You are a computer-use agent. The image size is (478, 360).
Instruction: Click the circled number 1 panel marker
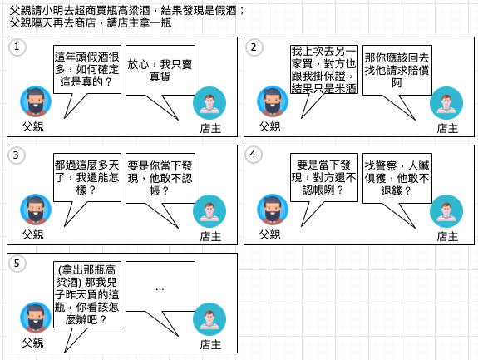coord(17,47)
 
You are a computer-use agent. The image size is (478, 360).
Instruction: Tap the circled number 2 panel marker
coord(254,47)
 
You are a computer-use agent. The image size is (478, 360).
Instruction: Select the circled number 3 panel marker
coord(17,155)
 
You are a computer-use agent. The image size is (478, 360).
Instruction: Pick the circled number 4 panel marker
coord(254,155)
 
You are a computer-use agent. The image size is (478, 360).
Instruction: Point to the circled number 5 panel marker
coord(17,264)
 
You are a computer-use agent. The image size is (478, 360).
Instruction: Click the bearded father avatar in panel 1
coord(36,101)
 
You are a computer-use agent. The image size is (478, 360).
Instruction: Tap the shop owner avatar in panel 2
coord(446,103)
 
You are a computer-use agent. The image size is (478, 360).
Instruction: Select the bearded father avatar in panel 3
coord(36,210)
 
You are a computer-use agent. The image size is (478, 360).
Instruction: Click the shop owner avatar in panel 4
coord(446,211)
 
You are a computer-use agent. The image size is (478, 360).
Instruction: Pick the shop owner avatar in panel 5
coord(209,319)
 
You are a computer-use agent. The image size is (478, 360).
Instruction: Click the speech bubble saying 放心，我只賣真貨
coord(160,71)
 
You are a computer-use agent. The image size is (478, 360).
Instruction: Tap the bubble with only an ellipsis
coord(160,287)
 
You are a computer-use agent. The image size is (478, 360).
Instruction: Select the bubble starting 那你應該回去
coord(397,71)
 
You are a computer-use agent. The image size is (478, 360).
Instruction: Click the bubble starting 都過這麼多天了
coord(87,177)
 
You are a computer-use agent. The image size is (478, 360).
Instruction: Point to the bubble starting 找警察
coord(397,178)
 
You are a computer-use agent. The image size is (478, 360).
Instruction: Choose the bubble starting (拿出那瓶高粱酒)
coord(87,294)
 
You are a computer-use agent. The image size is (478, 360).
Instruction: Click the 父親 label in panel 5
coord(33,343)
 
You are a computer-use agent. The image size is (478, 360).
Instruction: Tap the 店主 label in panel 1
coord(210,128)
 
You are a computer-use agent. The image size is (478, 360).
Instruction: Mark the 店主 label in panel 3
coord(210,237)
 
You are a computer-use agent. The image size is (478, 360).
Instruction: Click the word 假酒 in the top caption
coord(225,11)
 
